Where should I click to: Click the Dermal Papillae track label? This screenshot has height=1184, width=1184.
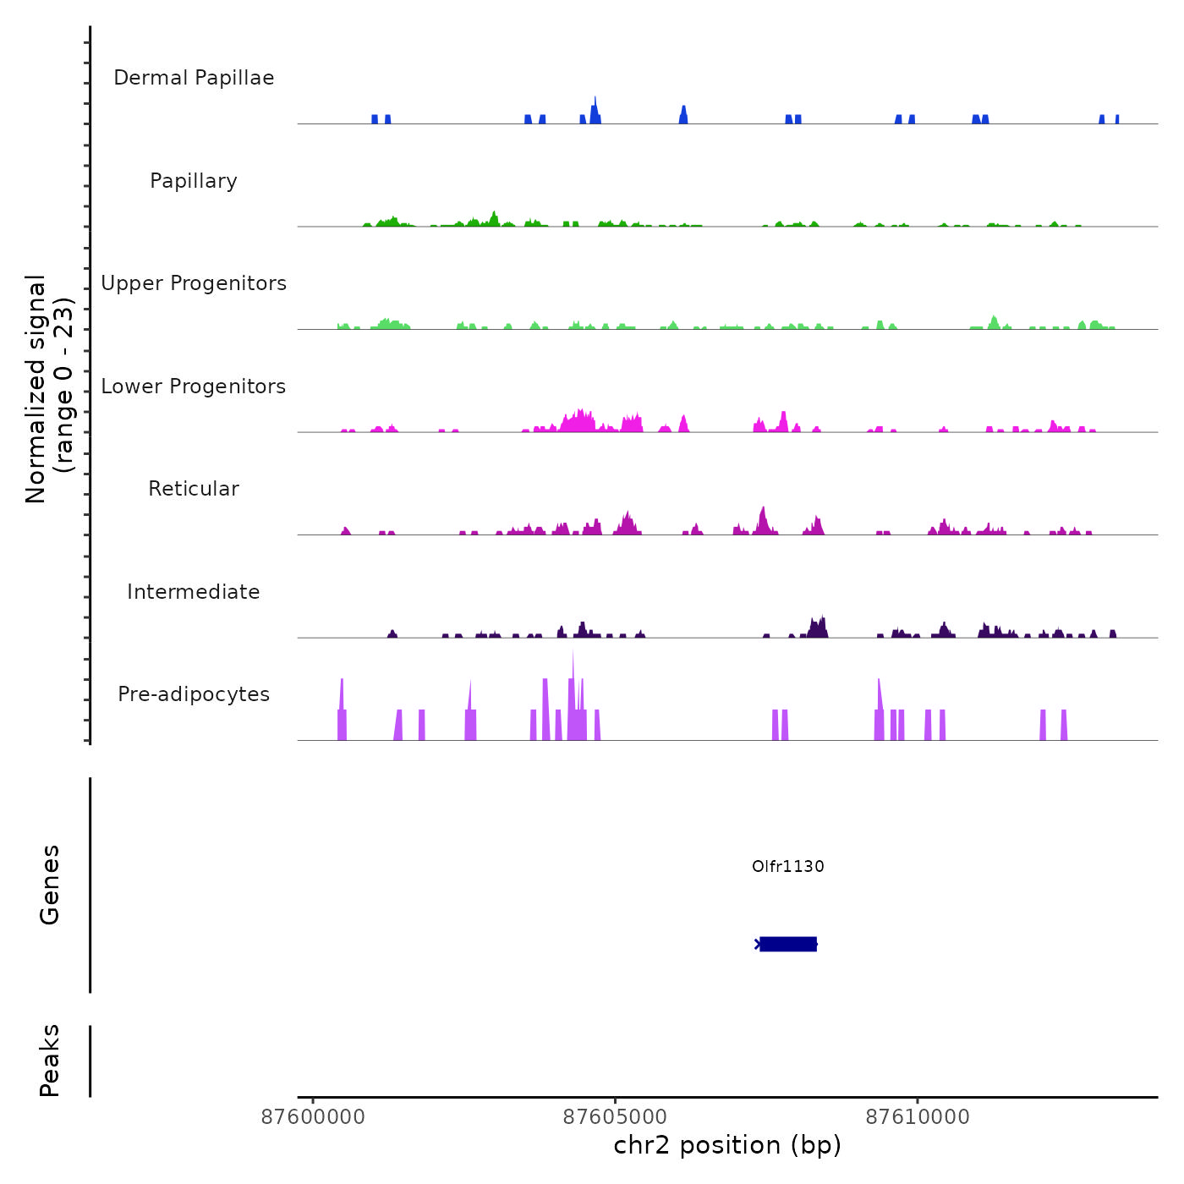point(194,78)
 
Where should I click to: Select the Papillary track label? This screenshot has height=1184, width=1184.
point(194,181)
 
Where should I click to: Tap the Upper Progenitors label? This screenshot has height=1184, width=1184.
point(194,283)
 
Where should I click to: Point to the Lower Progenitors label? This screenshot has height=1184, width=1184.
point(194,386)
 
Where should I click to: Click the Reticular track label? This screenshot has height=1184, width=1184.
point(194,489)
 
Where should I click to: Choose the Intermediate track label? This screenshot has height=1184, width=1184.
point(194,592)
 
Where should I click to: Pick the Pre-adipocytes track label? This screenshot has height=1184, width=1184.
point(194,694)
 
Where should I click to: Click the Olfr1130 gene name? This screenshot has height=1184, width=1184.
point(787,866)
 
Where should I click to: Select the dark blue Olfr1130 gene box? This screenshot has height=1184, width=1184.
point(788,944)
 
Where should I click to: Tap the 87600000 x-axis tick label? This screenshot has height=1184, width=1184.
point(313,1117)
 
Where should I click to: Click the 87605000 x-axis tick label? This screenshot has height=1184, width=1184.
point(616,1117)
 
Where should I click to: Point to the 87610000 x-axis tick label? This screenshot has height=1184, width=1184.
point(918,1117)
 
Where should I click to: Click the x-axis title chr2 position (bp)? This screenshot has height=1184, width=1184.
point(727,1145)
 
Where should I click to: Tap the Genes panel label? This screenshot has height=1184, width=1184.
point(50,885)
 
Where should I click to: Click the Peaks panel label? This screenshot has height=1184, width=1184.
point(50,1061)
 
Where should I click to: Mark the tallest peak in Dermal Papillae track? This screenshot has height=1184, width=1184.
point(595,100)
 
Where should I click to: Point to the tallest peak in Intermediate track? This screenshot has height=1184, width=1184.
point(822,618)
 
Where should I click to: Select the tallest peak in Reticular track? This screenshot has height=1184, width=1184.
point(763,509)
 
